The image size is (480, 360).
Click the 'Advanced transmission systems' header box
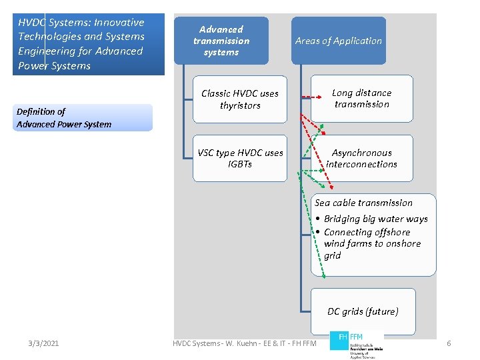[x=221, y=41]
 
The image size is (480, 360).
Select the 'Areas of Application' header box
[x=339, y=41]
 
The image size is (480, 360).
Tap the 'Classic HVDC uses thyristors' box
[x=240, y=99]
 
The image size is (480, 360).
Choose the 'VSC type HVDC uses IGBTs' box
[x=240, y=158]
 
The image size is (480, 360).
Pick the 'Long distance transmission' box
[x=362, y=99]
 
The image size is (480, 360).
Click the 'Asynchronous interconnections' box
[x=362, y=158]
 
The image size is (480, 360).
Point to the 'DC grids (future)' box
[x=363, y=311]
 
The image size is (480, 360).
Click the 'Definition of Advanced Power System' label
[x=64, y=118]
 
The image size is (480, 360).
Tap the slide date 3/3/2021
[x=43, y=343]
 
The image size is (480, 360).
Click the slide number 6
[x=449, y=343]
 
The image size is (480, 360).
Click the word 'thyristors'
[x=240, y=105]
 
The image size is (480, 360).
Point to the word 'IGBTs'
[x=240, y=164]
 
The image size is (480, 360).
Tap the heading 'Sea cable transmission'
[x=363, y=203]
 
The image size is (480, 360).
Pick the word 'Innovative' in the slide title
[x=117, y=23]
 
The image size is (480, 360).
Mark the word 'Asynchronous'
[x=362, y=153]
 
